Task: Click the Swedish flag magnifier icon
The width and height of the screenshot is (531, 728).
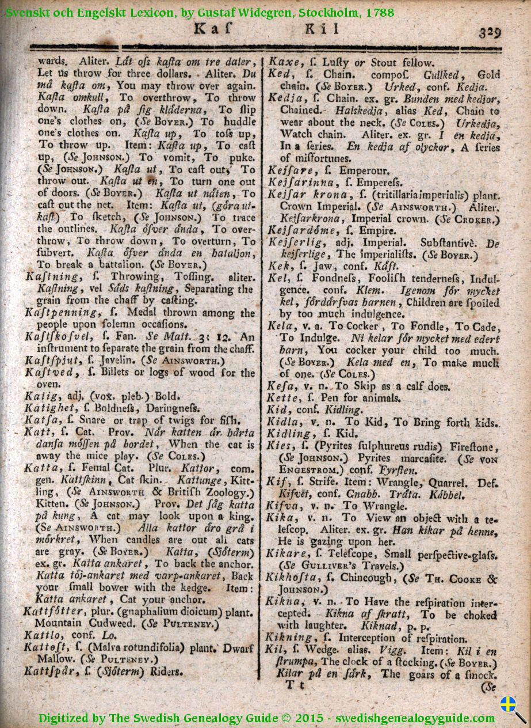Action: tap(511, 707)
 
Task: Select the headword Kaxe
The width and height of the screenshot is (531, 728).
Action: tap(282, 63)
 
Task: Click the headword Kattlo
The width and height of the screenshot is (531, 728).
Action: tap(42, 635)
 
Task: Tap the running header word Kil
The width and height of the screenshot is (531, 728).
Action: tap(318, 28)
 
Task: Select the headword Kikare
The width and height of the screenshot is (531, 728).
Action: tap(286, 555)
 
